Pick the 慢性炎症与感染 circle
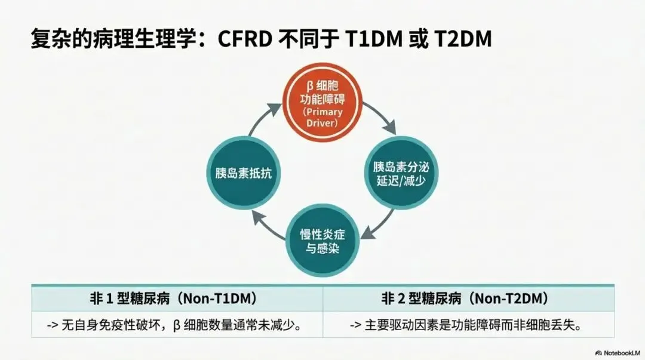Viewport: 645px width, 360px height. pos(323,241)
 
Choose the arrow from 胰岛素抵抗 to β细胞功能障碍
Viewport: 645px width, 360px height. pos(263,118)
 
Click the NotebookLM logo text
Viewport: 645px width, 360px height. pos(621,353)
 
